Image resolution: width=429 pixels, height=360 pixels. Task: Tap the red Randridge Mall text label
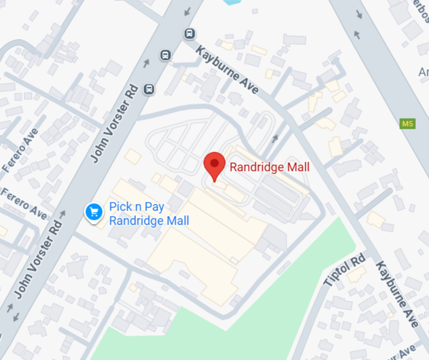[269, 167]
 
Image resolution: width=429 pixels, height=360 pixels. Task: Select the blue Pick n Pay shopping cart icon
[94, 212]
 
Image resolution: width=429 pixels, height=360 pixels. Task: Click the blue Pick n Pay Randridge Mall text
[149, 214]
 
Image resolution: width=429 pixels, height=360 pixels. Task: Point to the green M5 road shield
[408, 123]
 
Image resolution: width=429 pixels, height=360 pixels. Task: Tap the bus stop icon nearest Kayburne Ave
[189, 33]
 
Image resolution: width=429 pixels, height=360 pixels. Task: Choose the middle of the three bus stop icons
[165, 55]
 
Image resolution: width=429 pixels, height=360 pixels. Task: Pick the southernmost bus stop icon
[149, 89]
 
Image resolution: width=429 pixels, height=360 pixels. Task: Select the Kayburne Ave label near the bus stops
[227, 69]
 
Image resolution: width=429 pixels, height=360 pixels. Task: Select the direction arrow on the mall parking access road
[275, 138]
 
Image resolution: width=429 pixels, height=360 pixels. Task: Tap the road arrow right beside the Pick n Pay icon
[63, 213]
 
